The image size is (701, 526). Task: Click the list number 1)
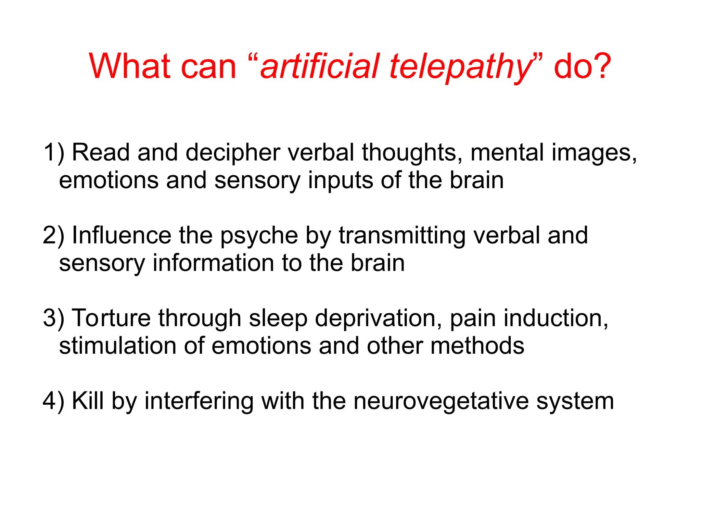[54, 152]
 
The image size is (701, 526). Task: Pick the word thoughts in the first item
[409, 152]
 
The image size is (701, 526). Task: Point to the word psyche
[259, 236]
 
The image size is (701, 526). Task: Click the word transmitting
[402, 236]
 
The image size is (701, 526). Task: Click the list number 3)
[54, 318]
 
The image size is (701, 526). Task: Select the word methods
[477, 346]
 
